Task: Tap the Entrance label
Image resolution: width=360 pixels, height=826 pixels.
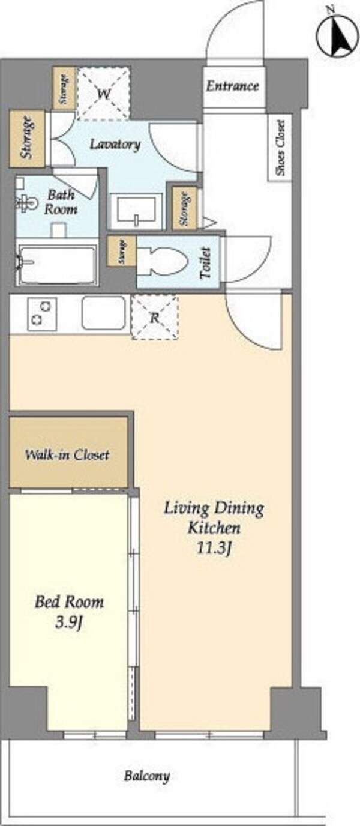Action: pos(233,86)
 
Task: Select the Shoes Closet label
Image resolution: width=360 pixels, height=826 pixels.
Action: pos(281,148)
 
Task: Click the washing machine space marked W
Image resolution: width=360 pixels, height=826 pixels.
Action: pos(104,94)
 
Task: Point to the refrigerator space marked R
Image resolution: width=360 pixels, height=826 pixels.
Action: pos(155,317)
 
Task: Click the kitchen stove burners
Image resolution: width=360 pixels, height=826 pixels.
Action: pos(41,314)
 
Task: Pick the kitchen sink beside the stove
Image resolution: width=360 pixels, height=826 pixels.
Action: pos(104,313)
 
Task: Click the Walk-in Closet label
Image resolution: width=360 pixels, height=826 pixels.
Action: pos(67,454)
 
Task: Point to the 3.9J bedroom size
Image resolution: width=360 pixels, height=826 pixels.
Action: pos(68,623)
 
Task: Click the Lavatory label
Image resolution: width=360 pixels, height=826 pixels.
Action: pos(115,144)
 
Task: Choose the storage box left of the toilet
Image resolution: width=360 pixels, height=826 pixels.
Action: pos(122,252)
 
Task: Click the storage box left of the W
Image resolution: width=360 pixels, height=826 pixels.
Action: pos(64,88)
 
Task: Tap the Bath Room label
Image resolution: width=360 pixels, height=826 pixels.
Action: pos(61,202)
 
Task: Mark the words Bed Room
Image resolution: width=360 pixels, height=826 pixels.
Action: pos(69,602)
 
